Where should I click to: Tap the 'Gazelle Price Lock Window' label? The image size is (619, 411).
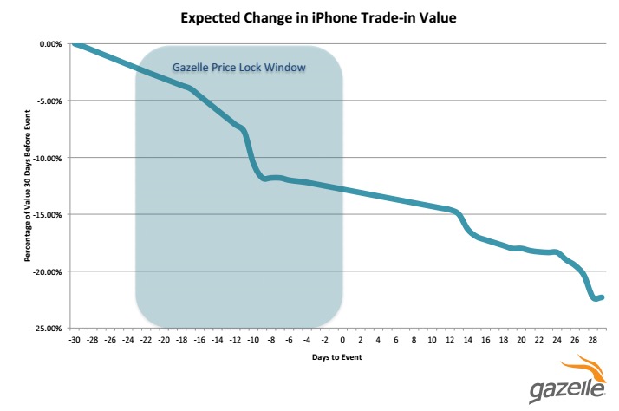tap(239, 67)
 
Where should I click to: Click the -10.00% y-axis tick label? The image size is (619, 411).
tap(46, 158)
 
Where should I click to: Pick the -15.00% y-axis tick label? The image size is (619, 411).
tap(46, 214)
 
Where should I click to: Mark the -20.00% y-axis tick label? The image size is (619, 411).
tap(46, 271)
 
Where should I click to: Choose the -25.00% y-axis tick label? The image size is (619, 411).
tap(46, 329)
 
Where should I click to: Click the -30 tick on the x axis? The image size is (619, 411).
tap(74, 341)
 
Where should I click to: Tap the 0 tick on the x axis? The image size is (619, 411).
tap(343, 341)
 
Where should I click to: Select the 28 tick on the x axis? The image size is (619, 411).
tap(593, 341)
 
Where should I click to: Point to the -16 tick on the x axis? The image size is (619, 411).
tap(199, 341)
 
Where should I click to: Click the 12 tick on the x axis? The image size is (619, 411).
tap(451, 341)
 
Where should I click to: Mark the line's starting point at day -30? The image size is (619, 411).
tap(75, 43)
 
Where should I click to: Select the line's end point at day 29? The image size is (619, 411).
tap(602, 297)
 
